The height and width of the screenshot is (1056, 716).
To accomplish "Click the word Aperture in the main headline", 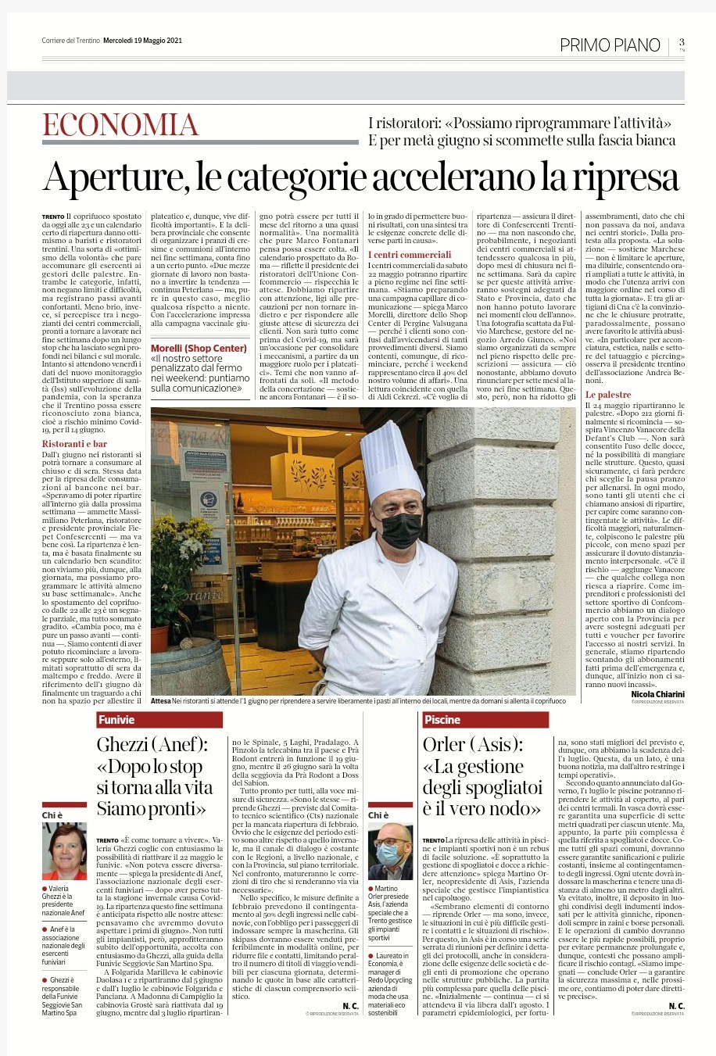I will click(x=113, y=177).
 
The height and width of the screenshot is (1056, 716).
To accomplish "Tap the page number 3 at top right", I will click(x=682, y=42).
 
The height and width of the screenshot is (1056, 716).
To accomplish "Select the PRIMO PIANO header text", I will click(x=610, y=45).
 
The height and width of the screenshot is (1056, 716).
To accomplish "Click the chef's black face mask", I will click(x=399, y=530).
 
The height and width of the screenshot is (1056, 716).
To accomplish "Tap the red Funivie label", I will click(x=116, y=720).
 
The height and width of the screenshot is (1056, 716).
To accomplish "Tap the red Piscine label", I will click(x=442, y=720).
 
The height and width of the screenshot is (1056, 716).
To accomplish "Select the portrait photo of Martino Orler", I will click(x=390, y=851).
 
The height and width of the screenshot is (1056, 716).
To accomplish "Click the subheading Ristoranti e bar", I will click(x=74, y=444).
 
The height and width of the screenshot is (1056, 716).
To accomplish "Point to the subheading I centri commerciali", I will click(x=410, y=255).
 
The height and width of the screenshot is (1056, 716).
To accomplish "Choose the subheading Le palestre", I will click(x=608, y=396).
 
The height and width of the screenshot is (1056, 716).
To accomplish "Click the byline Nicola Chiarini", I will click(x=657, y=694).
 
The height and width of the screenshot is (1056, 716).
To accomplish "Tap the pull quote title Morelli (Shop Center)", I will click(x=199, y=348).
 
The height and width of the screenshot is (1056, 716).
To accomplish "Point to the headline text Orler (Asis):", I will click(x=473, y=745).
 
